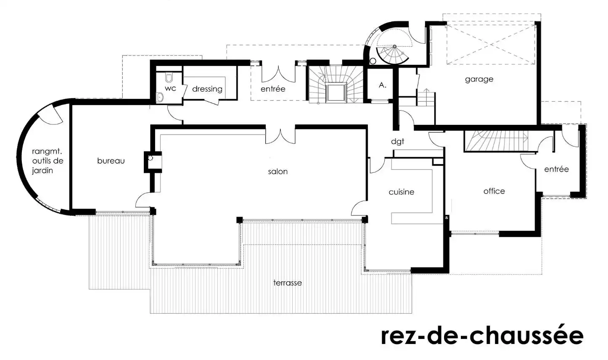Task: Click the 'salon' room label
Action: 278,172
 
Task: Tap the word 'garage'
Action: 479,79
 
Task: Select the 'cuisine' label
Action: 402,192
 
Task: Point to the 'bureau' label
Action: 111,161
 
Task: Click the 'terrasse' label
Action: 288,283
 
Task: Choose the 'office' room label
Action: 494,191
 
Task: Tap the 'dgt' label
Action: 397,141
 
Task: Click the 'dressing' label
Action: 207,89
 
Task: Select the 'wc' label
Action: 170,88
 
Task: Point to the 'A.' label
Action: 382,85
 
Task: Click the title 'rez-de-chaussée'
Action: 482,336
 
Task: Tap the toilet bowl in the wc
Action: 169,77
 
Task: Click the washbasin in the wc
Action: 160,97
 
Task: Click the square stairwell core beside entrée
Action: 336,93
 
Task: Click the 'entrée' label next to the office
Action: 556,169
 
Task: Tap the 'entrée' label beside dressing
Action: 273,89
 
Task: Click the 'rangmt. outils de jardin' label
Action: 48,161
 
